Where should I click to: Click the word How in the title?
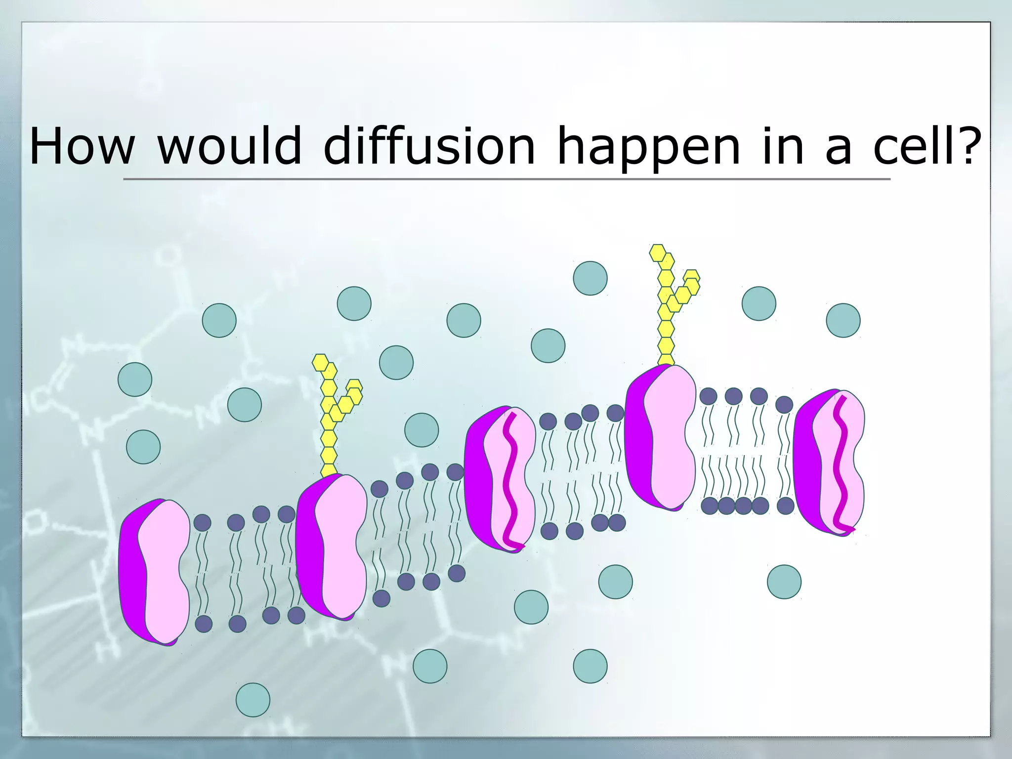click(82, 146)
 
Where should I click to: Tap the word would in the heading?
click(229, 146)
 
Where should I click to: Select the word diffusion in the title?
click(429, 146)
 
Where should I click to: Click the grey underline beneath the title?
click(506, 179)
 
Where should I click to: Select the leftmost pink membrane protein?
click(155, 572)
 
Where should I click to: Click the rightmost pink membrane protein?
click(830, 463)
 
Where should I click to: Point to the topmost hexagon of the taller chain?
click(658, 252)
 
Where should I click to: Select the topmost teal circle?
click(590, 278)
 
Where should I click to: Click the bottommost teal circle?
click(253, 700)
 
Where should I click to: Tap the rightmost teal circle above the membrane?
click(843, 320)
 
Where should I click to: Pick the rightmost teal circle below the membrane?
click(784, 582)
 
